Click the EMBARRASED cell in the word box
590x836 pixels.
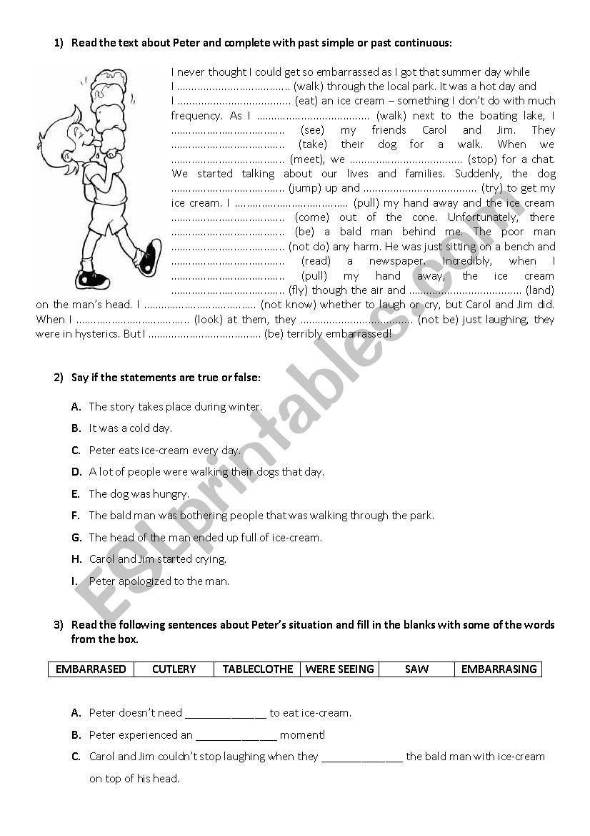(91, 669)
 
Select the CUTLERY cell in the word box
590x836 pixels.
(174, 669)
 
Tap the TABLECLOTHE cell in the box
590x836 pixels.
(258, 669)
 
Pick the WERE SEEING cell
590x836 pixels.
(339, 669)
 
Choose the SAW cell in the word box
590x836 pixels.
(416, 669)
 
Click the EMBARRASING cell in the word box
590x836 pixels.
(499, 669)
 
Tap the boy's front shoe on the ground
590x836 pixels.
(91, 277)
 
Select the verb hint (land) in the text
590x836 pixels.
(540, 290)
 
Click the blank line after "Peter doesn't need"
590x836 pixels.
(226, 713)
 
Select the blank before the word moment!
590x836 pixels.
(236, 735)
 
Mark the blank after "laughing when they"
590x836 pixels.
(362, 757)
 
